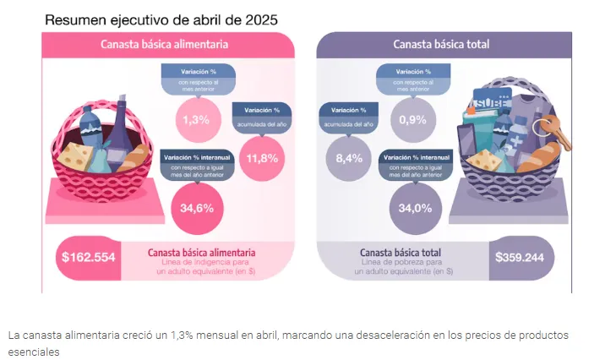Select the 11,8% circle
tap(261, 157)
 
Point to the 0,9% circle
tap(412, 119)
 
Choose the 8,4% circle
tap(348, 157)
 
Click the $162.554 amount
tap(88, 257)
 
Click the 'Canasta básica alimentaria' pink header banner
tap(169, 45)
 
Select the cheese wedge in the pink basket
tap(78, 155)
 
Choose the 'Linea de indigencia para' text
tap(201, 263)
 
